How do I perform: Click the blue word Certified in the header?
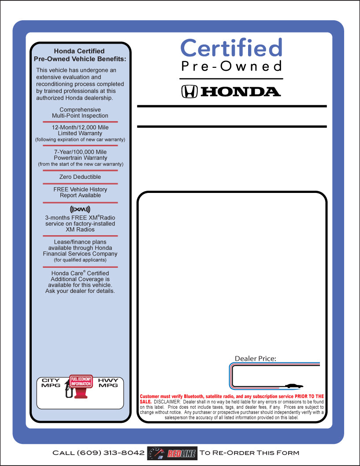click(x=231, y=48)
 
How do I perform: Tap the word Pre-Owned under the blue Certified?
click(x=231, y=66)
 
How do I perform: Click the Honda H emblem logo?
click(x=189, y=91)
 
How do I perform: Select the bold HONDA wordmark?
click(x=241, y=92)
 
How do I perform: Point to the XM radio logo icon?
click(x=80, y=209)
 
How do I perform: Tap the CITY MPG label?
click(x=51, y=383)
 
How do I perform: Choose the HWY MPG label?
click(x=108, y=383)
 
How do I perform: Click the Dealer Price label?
click(x=256, y=359)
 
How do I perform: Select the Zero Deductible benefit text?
click(x=80, y=177)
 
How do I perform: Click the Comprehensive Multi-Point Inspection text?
click(x=80, y=113)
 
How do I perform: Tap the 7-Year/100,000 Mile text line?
click(x=80, y=152)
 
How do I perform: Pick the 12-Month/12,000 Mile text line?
click(x=80, y=127)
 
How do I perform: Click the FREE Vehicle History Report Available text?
click(x=80, y=192)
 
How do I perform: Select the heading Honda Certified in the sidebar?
click(x=79, y=51)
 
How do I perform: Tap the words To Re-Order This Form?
click(x=249, y=453)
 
